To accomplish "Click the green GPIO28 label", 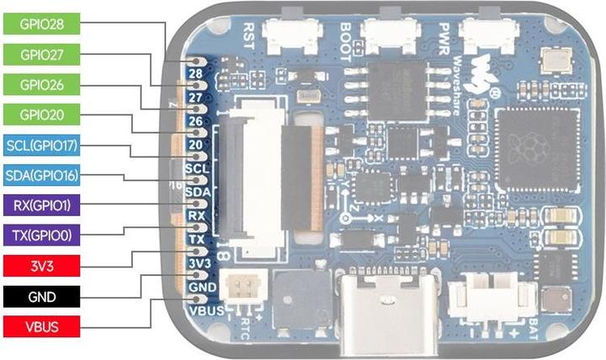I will click(41, 24).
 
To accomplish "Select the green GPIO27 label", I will click(41, 55).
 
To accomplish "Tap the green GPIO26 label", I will click(41, 85).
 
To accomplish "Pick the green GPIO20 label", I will click(41, 114).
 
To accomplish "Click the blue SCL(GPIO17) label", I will click(41, 146).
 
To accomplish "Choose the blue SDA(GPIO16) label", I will click(41, 176).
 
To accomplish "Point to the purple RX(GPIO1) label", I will click(41, 204).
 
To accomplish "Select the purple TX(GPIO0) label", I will click(41, 235).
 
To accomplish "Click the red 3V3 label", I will click(41, 265).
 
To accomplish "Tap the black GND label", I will click(41, 295).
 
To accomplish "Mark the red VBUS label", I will click(41, 326).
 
